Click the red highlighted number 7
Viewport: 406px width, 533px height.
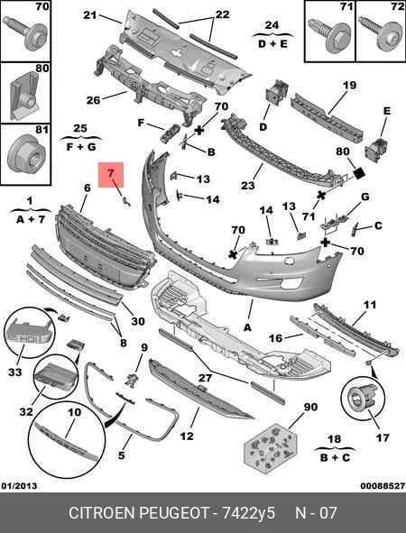pyautogui.click(x=111, y=173)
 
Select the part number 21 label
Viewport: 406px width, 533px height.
pyautogui.click(x=90, y=15)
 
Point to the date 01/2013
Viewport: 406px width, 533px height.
pyautogui.click(x=19, y=486)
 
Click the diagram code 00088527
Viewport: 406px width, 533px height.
pyautogui.click(x=383, y=486)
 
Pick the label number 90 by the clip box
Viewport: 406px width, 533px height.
pyautogui.click(x=310, y=407)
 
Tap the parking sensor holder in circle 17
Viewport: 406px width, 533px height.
pyautogui.click(x=361, y=398)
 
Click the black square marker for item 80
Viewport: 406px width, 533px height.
pyautogui.click(x=359, y=174)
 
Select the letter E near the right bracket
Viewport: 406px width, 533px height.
pyautogui.click(x=387, y=111)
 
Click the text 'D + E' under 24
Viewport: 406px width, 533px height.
pyautogui.click(x=272, y=44)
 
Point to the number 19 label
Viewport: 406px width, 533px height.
pyautogui.click(x=349, y=85)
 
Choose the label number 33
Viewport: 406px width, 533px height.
pyautogui.click(x=15, y=372)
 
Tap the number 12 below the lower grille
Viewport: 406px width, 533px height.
pyautogui.click(x=187, y=436)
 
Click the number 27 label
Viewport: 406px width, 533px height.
pyautogui.click(x=206, y=378)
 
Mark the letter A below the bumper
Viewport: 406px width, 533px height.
pyautogui.click(x=247, y=327)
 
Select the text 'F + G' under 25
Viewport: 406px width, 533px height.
pyautogui.click(x=81, y=147)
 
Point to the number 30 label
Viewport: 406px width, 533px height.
pyautogui.click(x=138, y=321)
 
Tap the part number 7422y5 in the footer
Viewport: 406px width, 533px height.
pyautogui.click(x=249, y=512)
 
